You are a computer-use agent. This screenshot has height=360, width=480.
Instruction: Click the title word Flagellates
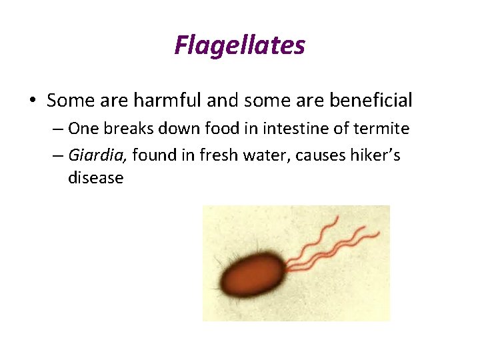click(x=239, y=45)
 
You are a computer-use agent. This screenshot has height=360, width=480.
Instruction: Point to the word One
click(x=82, y=129)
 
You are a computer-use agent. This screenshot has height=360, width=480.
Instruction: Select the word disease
click(x=96, y=179)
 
